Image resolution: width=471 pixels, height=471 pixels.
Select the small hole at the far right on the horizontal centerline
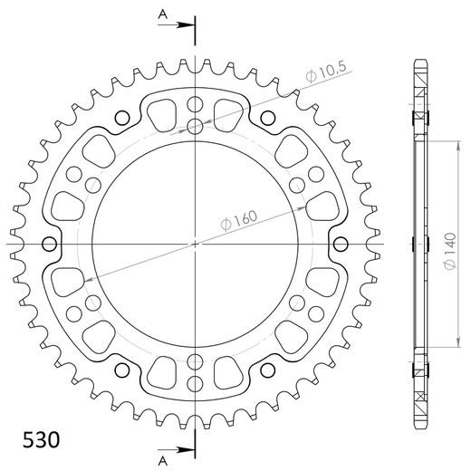point(341,244)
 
